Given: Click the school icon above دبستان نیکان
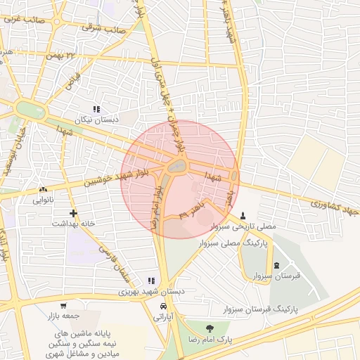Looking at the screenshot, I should pyautogui.click(x=96, y=109).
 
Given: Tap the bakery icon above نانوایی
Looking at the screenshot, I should pyautogui.click(x=44, y=189).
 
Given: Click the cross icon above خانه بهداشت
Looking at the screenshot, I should pyautogui.click(x=72, y=212).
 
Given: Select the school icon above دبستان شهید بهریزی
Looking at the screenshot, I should pyautogui.click(x=151, y=281).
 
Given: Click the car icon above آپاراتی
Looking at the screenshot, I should pyautogui.click(x=163, y=307).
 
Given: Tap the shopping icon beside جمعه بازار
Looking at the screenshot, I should pyautogui.click(x=63, y=306).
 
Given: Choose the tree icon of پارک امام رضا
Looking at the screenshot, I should pyautogui.click(x=209, y=328).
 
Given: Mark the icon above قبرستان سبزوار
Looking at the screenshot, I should pyautogui.click(x=276, y=265).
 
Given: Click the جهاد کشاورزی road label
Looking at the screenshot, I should pyautogui.click(x=334, y=209).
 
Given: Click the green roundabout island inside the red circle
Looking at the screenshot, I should pyautogui.click(x=176, y=167).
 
